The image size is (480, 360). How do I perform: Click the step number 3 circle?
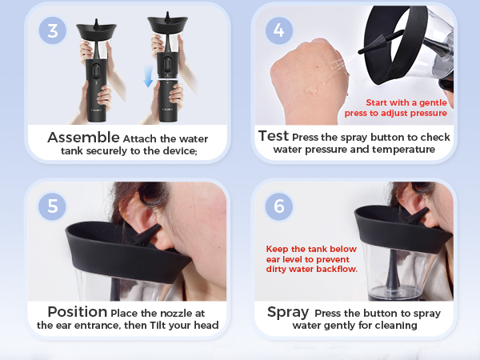[x=53, y=30]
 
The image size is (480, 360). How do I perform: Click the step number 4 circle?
[x=278, y=30]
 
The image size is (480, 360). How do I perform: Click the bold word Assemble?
[x=83, y=138]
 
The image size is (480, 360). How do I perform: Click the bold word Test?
[x=273, y=136]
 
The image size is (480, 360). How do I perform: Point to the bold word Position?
[x=77, y=311]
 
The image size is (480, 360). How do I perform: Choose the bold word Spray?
[x=288, y=312]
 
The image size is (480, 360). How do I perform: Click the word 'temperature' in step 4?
[x=402, y=150]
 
